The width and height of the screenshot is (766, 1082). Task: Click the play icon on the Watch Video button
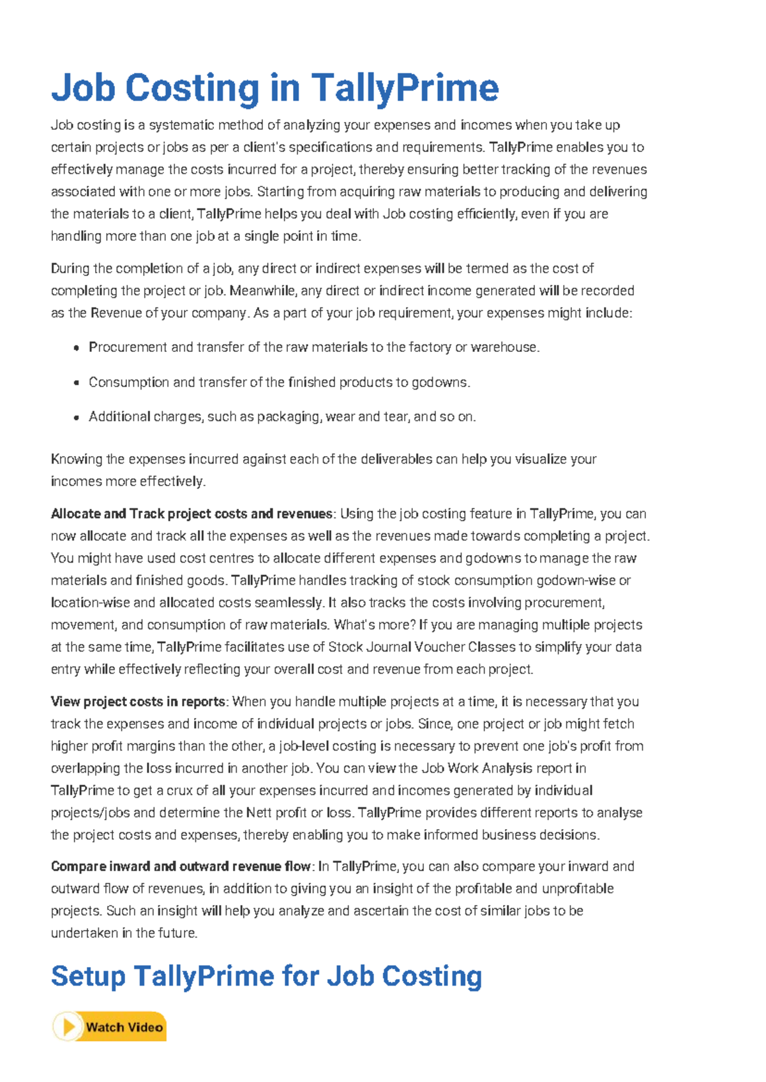[68, 1027]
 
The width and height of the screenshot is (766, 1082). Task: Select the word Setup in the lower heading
[88, 977]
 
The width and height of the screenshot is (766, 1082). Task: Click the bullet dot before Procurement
[76, 348]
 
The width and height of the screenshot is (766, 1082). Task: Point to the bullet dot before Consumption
[76, 383]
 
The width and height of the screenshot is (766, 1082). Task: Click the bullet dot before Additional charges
[76, 418]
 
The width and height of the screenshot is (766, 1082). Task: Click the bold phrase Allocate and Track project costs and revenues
[191, 514]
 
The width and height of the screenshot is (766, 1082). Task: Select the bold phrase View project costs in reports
[138, 702]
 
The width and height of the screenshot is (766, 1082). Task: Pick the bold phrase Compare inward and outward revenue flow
[181, 867]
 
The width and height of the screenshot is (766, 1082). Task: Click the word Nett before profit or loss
[259, 813]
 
